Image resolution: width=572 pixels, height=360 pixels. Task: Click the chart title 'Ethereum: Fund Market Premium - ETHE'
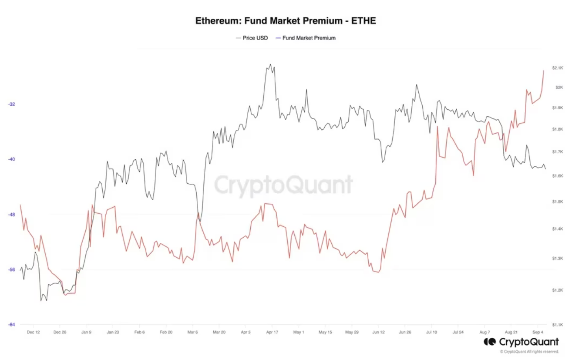point(286,21)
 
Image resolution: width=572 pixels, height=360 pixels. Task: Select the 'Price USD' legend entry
point(252,38)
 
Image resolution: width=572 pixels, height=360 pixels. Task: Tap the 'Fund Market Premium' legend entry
point(306,38)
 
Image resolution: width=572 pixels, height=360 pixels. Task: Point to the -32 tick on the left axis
point(12,104)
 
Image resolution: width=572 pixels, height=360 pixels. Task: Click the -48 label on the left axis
point(12,215)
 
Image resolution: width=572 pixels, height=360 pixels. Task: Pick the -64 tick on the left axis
point(12,324)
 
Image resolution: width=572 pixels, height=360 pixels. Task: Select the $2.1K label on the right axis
point(558,68)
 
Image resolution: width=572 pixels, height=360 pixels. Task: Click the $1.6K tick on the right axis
point(558,176)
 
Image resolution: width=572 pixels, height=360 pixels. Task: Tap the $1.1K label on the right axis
point(558,325)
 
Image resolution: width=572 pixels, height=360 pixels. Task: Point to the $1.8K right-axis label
point(558,129)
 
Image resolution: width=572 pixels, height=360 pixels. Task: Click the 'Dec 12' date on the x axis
point(33,332)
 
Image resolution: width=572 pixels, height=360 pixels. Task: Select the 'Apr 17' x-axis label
point(272,332)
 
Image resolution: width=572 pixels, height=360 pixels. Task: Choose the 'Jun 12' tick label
point(378,332)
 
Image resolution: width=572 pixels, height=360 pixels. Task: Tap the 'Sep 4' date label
point(538,332)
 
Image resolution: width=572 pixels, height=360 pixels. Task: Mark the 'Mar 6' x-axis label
point(192,332)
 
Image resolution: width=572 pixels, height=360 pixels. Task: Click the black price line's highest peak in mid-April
point(271,64)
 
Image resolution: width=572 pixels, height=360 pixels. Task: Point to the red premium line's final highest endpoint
point(544,71)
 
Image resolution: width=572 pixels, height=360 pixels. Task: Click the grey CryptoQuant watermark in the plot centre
point(283,185)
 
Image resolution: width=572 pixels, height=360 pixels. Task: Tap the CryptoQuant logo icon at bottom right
point(490,342)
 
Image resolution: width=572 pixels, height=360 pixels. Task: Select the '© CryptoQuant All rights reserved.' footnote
point(529,352)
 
